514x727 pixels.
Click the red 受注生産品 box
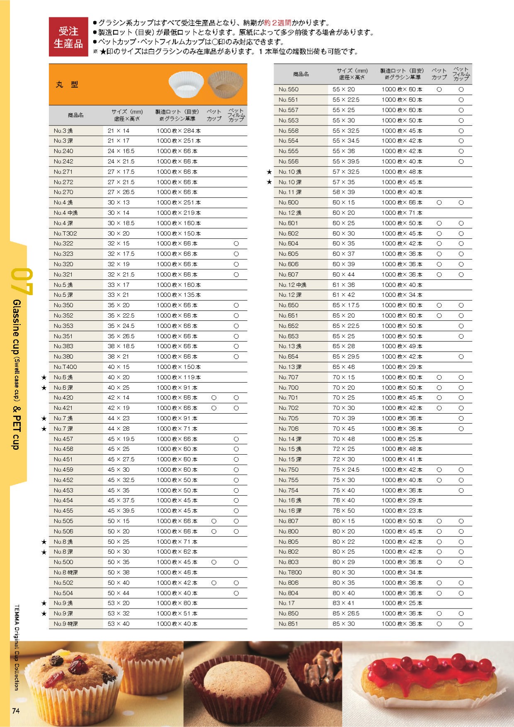[x=68, y=36]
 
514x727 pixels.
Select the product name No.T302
[x=65, y=233]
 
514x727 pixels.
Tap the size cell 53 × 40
[x=119, y=624]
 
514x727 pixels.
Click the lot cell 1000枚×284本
[x=179, y=131]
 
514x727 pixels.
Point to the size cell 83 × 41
[x=344, y=603]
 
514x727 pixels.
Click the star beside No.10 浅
[x=269, y=172]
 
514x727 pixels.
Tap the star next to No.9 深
[x=44, y=613]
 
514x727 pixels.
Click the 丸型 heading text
[x=67, y=84]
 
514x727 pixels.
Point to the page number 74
[x=16, y=711]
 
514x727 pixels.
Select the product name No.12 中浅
[x=292, y=285]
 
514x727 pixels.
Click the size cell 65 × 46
[x=344, y=367]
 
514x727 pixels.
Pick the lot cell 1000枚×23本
[x=402, y=511]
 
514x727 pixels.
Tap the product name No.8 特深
[x=65, y=572]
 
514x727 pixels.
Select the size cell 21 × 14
[x=119, y=131]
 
